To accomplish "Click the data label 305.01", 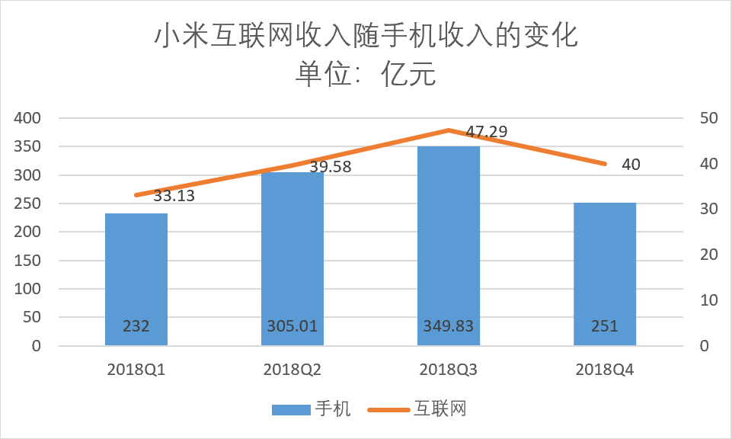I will coord(292,326).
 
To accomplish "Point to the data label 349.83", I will coord(449,326).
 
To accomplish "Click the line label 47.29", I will coord(488,133).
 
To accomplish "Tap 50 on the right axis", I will coord(709,118).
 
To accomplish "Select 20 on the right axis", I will coord(709,255).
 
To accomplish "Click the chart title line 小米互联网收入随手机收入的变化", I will coord(366,37).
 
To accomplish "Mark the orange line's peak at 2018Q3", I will coord(449,130).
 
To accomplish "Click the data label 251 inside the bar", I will coord(605,326).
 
